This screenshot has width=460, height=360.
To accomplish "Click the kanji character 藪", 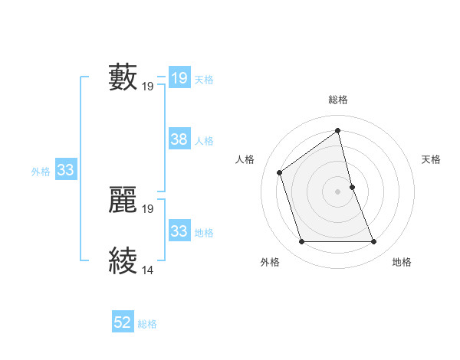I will point(123,77).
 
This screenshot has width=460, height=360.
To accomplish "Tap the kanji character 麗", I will point(123,200).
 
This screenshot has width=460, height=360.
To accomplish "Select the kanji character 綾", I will point(123,261).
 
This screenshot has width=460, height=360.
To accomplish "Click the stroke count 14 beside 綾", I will point(148,270).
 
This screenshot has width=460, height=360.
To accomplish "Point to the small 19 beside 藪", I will point(148,87).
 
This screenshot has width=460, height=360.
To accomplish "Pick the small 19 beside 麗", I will point(148,209).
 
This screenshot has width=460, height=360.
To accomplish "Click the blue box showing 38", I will point(179,139).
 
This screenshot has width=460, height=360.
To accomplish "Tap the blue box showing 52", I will point(123,323).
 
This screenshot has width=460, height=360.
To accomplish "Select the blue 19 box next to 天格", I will point(179,78).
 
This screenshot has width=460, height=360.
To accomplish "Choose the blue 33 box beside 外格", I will point(65,171).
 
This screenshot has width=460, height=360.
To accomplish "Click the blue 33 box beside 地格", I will point(179,231).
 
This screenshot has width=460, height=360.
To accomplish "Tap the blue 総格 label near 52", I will point(147,324).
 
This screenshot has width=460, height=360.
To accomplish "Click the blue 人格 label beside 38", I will point(204,141).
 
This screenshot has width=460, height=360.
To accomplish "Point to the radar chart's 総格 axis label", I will point(338,100).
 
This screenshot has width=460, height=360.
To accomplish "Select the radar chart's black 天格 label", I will point(431,159).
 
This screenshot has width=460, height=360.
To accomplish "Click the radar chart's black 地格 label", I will point(402,262).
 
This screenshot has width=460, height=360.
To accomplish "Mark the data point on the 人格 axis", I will point(280,172).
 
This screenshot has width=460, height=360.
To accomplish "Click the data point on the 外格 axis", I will point(301,242).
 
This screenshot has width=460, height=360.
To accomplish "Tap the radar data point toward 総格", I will point(338,130).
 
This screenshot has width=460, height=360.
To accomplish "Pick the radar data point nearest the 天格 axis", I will point(352,187).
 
